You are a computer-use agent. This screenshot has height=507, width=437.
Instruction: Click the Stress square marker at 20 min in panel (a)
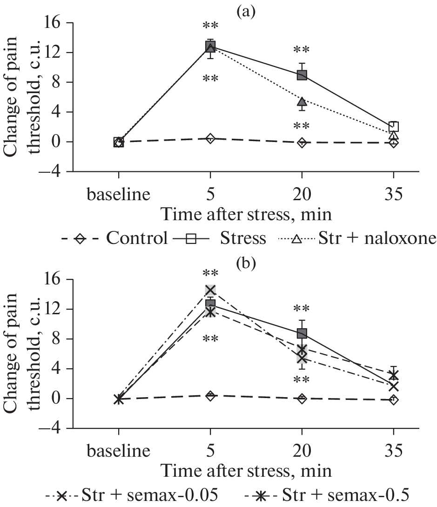(302, 75)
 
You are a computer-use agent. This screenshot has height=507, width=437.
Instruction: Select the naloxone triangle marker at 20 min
(302, 102)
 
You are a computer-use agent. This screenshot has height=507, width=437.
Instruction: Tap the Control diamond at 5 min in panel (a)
(210, 138)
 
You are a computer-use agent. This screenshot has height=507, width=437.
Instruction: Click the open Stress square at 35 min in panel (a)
(394, 127)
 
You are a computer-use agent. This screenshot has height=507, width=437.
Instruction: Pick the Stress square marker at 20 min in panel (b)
(302, 333)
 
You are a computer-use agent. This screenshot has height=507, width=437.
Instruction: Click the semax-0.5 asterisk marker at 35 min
(394, 375)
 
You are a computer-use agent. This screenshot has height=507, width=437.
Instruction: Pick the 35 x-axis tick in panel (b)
(394, 451)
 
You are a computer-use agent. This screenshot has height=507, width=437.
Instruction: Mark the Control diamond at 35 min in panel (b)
(394, 400)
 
